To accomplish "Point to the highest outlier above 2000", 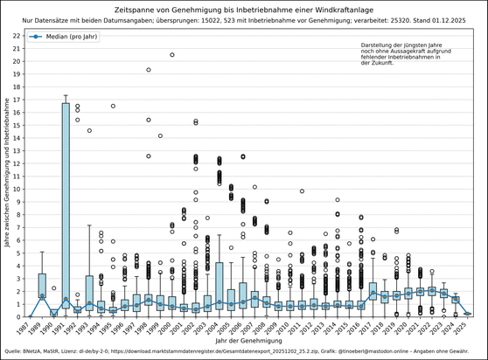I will click(172, 55).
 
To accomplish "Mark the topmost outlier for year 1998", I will click(149, 70).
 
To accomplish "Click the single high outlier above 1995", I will click(113, 106).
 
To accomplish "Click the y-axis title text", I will click(7, 175).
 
